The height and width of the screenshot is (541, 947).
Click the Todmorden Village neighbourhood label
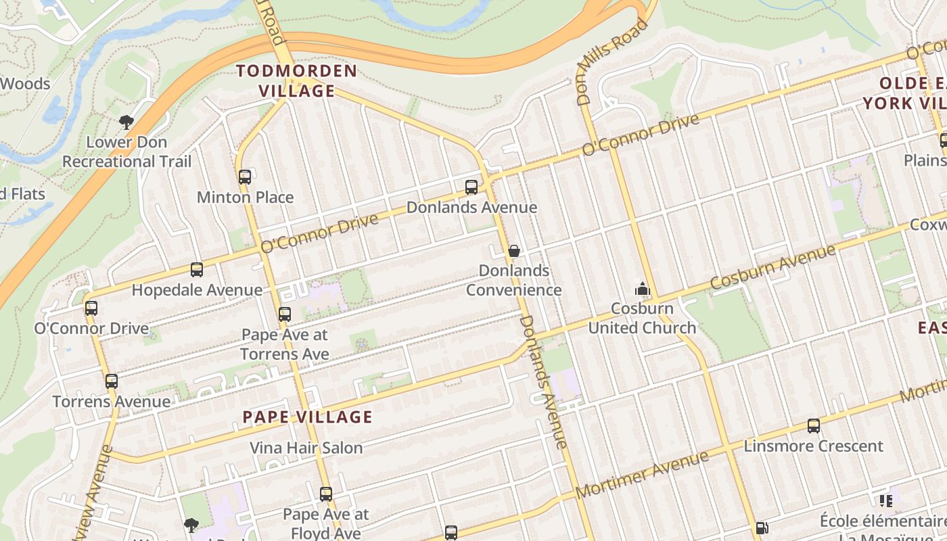(x=296, y=80)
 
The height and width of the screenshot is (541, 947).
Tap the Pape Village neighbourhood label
(x=307, y=417)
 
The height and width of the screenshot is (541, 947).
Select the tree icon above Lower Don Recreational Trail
(x=126, y=122)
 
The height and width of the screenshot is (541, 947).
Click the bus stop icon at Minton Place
(x=245, y=177)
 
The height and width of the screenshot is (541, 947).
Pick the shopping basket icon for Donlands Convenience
(x=513, y=251)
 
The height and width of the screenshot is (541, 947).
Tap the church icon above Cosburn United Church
(x=642, y=289)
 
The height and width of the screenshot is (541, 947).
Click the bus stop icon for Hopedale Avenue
(x=197, y=270)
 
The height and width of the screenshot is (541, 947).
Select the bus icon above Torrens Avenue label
(x=112, y=381)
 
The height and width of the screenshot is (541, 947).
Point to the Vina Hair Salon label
(x=306, y=448)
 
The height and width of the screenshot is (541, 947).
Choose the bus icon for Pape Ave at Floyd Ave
(x=326, y=494)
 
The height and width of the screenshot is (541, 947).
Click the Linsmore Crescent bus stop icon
(x=814, y=426)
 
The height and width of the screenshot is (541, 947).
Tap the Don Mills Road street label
(x=611, y=63)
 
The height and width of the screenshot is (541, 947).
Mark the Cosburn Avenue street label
(x=773, y=268)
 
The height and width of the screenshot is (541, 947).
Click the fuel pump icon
(x=762, y=528)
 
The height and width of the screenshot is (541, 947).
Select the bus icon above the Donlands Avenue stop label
(x=471, y=187)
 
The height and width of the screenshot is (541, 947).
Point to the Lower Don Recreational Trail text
(x=127, y=152)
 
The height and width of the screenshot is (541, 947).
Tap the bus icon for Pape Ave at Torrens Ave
(x=285, y=314)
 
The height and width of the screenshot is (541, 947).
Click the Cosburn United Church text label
(x=642, y=318)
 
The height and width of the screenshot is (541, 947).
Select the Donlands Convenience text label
(x=513, y=280)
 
